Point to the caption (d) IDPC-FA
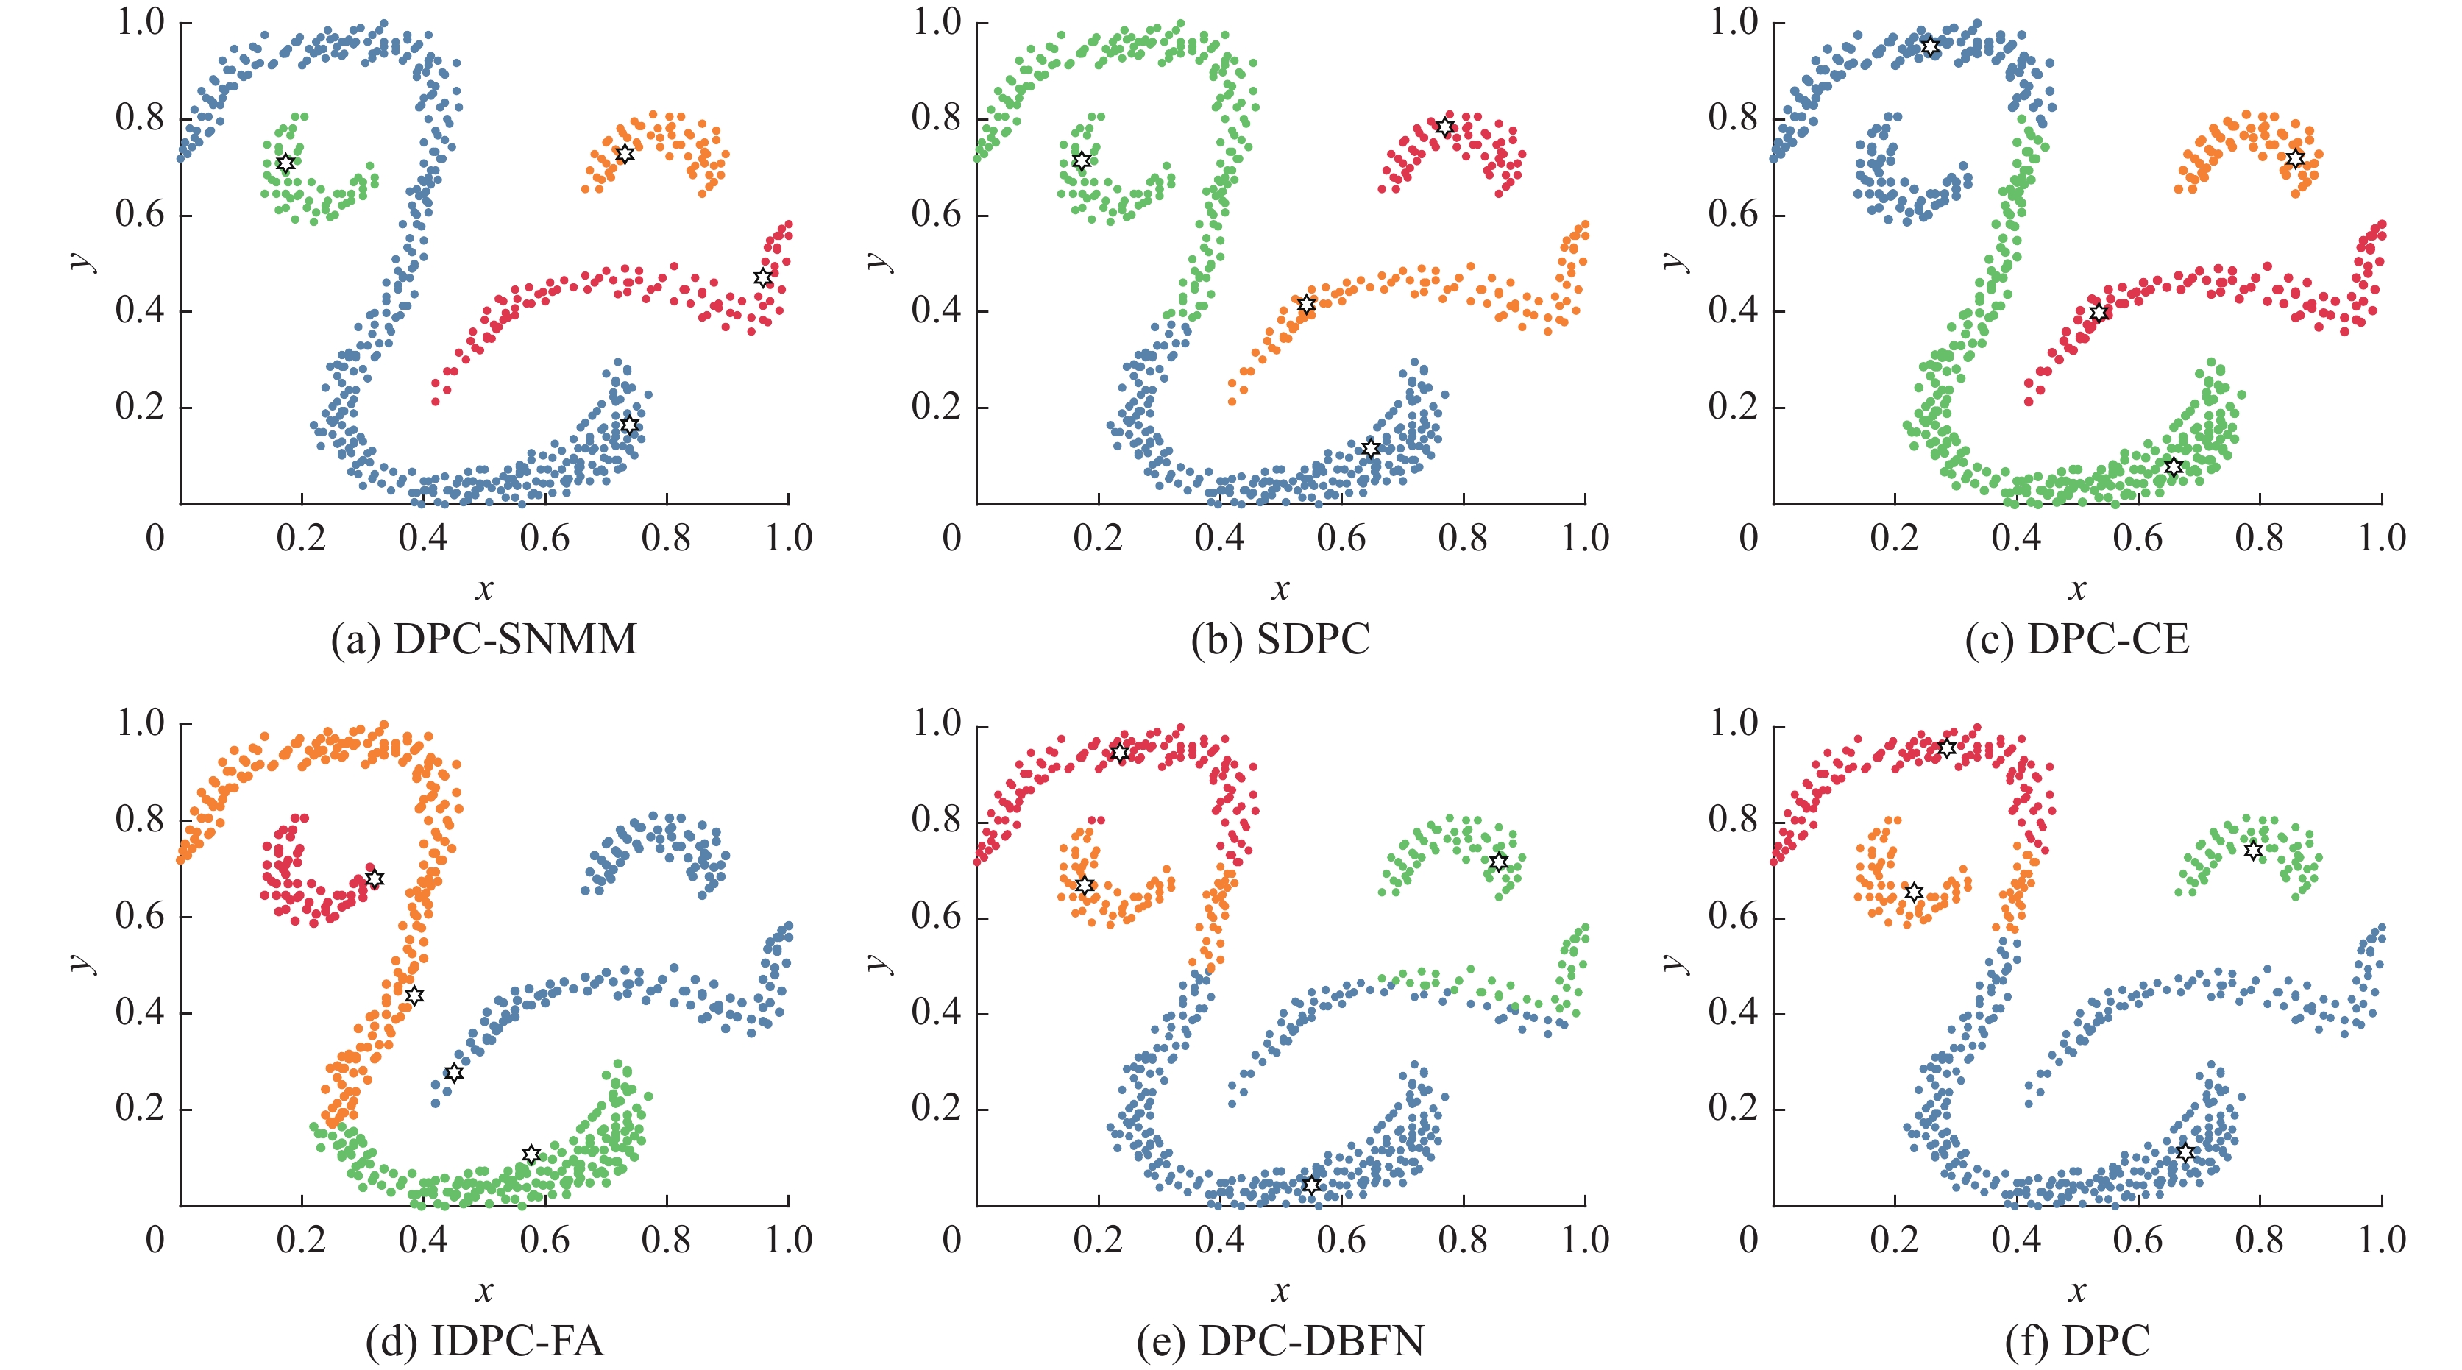tap(483, 1341)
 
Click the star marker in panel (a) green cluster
tap(285, 163)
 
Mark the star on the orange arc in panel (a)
tap(624, 154)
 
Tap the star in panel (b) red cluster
tap(1445, 127)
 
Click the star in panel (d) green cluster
tap(531, 1155)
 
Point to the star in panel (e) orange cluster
tap(1084, 886)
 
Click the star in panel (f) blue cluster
tap(2185, 1152)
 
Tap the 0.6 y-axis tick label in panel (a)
tap(141, 215)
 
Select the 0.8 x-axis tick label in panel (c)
tap(2260, 539)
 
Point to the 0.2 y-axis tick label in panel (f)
tap(1733, 1110)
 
